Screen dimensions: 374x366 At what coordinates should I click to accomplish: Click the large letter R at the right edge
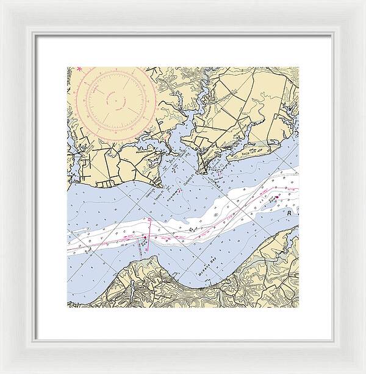290,214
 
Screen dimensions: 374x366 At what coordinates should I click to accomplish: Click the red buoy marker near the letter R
275,197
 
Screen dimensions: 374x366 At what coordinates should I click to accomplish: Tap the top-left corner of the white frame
1,1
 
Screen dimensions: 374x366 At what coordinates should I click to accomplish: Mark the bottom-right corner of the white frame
364,372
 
